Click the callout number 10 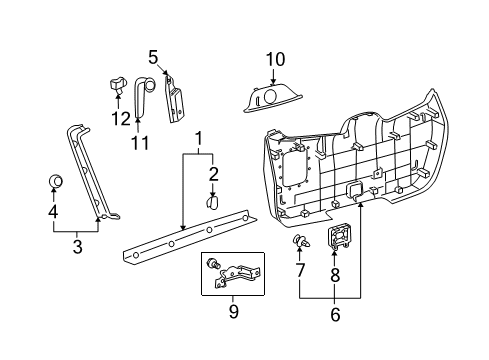(275, 59)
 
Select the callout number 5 (153, 57)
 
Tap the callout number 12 (121, 118)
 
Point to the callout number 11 (140, 143)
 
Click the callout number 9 (234, 311)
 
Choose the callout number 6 (335, 314)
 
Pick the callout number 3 (77, 247)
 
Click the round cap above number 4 (56, 181)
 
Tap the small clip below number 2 (212, 202)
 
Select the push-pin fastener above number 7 (301, 241)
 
